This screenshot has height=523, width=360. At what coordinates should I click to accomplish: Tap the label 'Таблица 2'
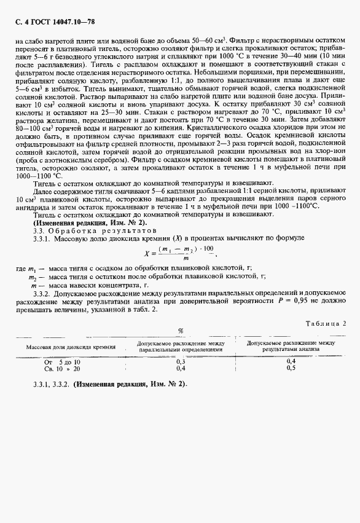[x=326, y=323]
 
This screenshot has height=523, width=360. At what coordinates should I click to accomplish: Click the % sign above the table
[x=181, y=330]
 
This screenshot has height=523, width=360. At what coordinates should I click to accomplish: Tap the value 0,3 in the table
[x=181, y=362]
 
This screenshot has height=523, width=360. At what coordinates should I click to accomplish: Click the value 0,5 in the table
[x=291, y=369]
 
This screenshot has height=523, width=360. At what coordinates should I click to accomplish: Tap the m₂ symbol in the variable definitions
[x=33, y=278]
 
